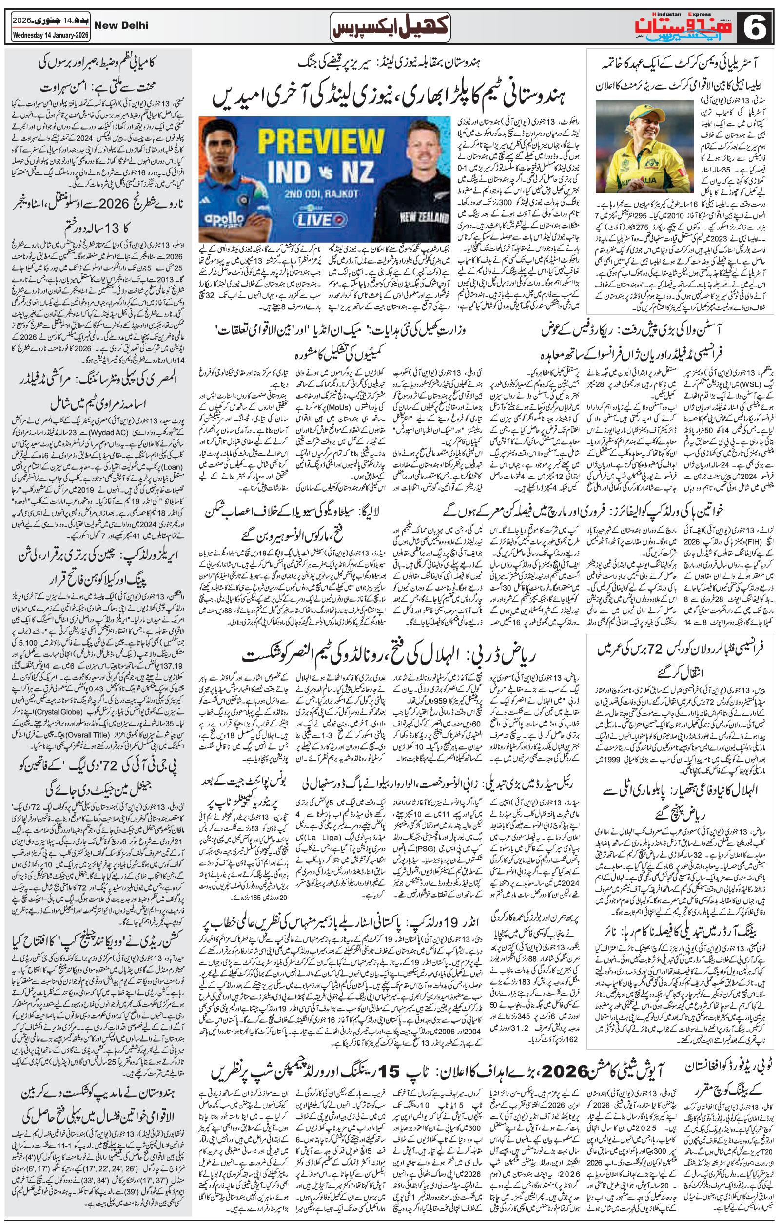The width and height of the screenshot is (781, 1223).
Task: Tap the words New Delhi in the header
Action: coord(121,25)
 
